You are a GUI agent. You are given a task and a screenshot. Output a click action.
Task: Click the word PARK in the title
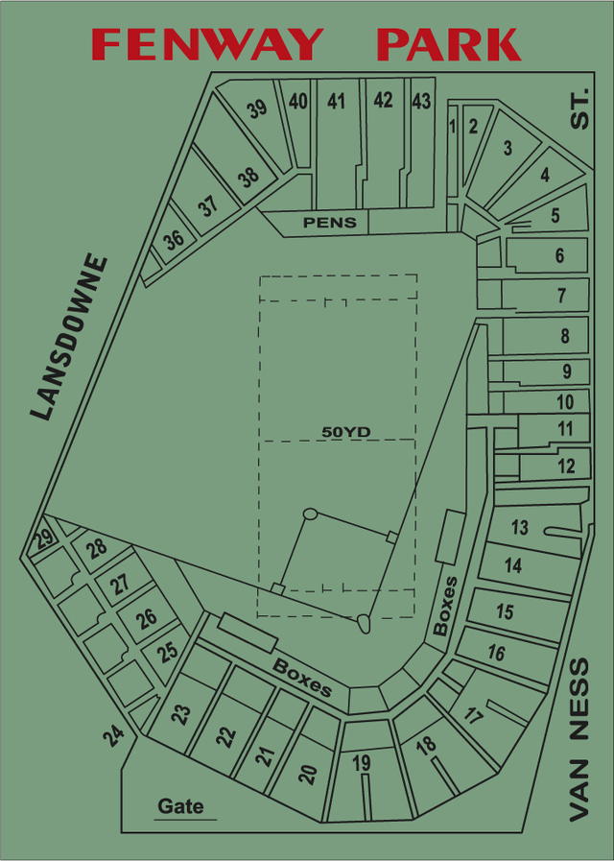tap(449, 44)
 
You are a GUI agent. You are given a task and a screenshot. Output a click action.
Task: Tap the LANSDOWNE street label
tap(68, 337)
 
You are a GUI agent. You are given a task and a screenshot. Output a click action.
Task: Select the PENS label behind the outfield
tap(330, 223)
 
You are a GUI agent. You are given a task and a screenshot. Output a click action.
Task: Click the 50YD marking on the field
tap(345, 432)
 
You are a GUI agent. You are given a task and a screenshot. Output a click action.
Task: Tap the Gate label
tap(181, 805)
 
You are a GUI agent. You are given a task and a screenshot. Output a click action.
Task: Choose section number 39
tap(257, 108)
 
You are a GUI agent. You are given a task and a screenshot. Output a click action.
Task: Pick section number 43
tap(421, 100)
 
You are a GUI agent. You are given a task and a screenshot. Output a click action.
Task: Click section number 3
tap(508, 148)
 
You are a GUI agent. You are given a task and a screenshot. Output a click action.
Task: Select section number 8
tap(565, 336)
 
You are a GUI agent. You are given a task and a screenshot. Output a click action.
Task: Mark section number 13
tap(519, 527)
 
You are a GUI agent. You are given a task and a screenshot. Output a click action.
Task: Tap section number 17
tap(474, 714)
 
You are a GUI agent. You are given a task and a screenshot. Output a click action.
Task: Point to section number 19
tap(362, 764)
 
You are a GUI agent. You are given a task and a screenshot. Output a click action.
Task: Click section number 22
tap(225, 736)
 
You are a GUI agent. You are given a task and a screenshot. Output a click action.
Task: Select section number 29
tap(44, 539)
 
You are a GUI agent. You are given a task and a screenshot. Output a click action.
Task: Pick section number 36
tap(174, 240)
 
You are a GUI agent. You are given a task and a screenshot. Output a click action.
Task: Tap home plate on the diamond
tap(364, 623)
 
